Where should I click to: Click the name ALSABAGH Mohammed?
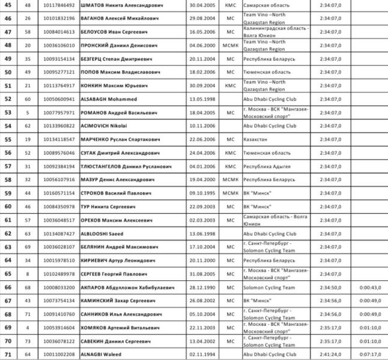(103, 99)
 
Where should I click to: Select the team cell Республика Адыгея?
(267, 166)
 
